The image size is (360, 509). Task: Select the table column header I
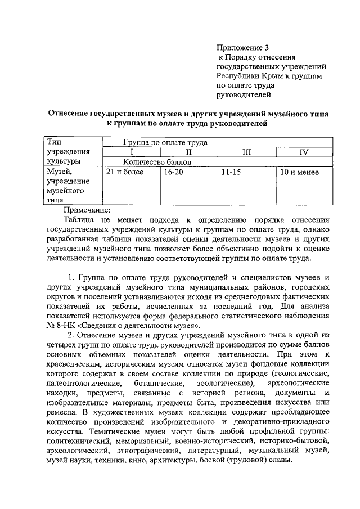pyautogui.click(x=132, y=152)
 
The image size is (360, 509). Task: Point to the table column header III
pyautogui.click(x=246, y=152)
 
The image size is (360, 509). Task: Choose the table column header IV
pyautogui.click(x=304, y=152)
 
